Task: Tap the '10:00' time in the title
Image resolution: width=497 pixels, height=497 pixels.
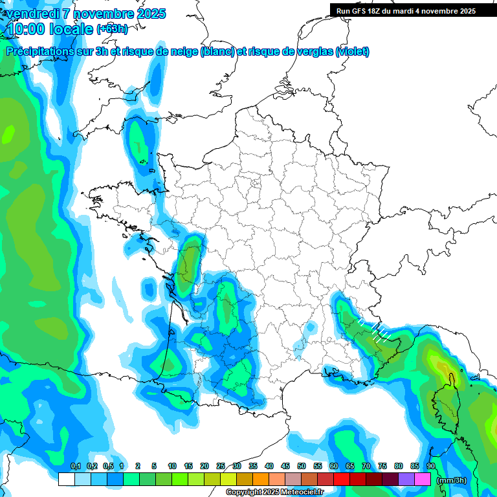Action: (27, 29)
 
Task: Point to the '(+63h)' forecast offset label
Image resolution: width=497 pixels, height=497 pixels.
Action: (112, 29)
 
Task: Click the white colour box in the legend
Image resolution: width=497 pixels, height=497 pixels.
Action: (66, 480)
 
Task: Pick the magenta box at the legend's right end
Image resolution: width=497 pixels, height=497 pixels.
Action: (423, 480)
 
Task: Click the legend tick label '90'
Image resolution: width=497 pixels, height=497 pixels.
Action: (430, 466)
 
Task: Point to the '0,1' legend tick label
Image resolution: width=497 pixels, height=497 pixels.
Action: (75, 466)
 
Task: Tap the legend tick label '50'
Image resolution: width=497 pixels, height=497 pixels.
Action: (301, 466)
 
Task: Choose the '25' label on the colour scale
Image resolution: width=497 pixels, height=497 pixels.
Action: (221, 466)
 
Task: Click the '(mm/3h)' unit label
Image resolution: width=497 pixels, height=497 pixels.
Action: (450, 480)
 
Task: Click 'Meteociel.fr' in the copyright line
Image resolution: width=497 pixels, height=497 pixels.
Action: (302, 492)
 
